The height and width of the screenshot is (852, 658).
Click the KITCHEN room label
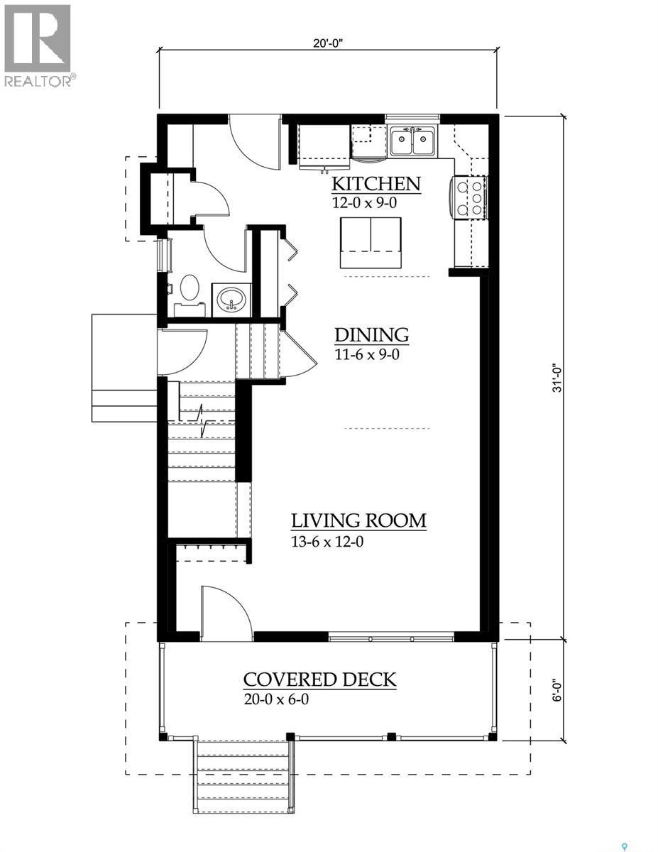click(376, 185)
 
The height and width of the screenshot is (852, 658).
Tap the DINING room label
click(371, 335)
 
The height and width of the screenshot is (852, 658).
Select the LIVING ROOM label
click(358, 520)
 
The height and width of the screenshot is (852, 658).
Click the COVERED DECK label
click(319, 679)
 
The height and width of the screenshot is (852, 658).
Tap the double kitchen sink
click(412, 142)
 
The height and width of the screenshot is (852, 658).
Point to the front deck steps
click(241, 774)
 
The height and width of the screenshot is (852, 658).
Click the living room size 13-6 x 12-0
click(332, 542)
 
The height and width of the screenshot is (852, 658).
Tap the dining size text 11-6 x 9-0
click(367, 354)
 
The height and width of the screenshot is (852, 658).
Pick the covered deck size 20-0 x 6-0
click(276, 699)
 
